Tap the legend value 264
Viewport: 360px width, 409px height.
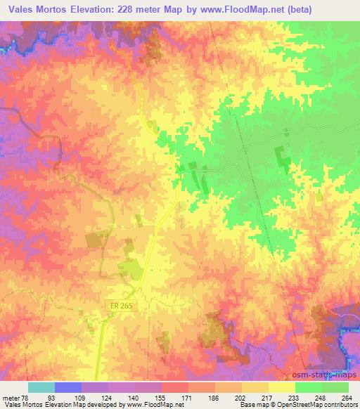click(x=346, y=397)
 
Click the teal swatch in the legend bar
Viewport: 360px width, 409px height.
click(x=41, y=387)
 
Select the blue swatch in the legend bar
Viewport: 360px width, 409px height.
click(x=68, y=387)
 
